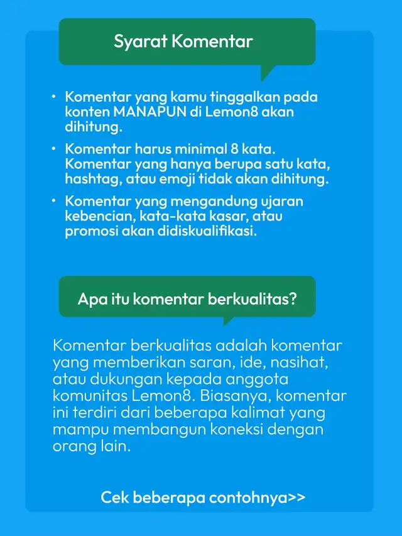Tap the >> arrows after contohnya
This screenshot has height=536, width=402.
[x=297, y=498]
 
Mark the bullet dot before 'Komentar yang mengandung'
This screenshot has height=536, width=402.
[x=54, y=200]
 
